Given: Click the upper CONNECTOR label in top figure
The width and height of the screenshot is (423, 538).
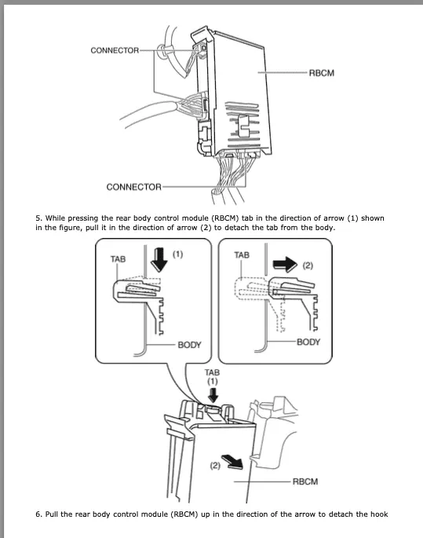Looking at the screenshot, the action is coord(115,50).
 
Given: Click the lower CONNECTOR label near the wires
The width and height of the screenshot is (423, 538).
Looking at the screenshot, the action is coord(133,187).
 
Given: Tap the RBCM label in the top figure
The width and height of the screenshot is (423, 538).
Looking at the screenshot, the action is coord(322,73).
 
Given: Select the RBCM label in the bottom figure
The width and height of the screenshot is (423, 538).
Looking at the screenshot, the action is coord(305,481).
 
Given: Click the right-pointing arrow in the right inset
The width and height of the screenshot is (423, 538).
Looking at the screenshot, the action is coord(285,265).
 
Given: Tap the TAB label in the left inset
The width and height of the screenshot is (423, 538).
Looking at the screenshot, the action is coord(118,259).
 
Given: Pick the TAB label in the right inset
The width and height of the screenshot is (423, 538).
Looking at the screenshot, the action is coord(242,255).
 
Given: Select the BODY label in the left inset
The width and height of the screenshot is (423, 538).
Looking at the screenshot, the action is coord(189,345).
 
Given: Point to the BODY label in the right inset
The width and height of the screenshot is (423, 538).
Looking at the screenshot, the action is coord(308,342).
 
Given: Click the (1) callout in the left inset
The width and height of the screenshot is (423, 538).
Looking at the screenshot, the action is coord(177,254).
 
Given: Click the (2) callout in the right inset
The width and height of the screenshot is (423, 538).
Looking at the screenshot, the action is coord(308,265).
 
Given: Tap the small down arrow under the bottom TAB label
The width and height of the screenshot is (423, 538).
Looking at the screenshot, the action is coord(213,395).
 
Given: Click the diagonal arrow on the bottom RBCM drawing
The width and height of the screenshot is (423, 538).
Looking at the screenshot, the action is coord(233,462).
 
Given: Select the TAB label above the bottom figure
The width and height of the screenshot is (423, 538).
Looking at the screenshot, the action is coord(212,372).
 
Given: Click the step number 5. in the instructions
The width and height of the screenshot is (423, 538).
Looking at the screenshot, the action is coord(38,218).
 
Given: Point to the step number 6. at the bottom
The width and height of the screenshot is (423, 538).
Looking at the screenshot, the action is coord(38,514).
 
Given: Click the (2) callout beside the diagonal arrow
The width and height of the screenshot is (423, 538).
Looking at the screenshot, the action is coord(215,466).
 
